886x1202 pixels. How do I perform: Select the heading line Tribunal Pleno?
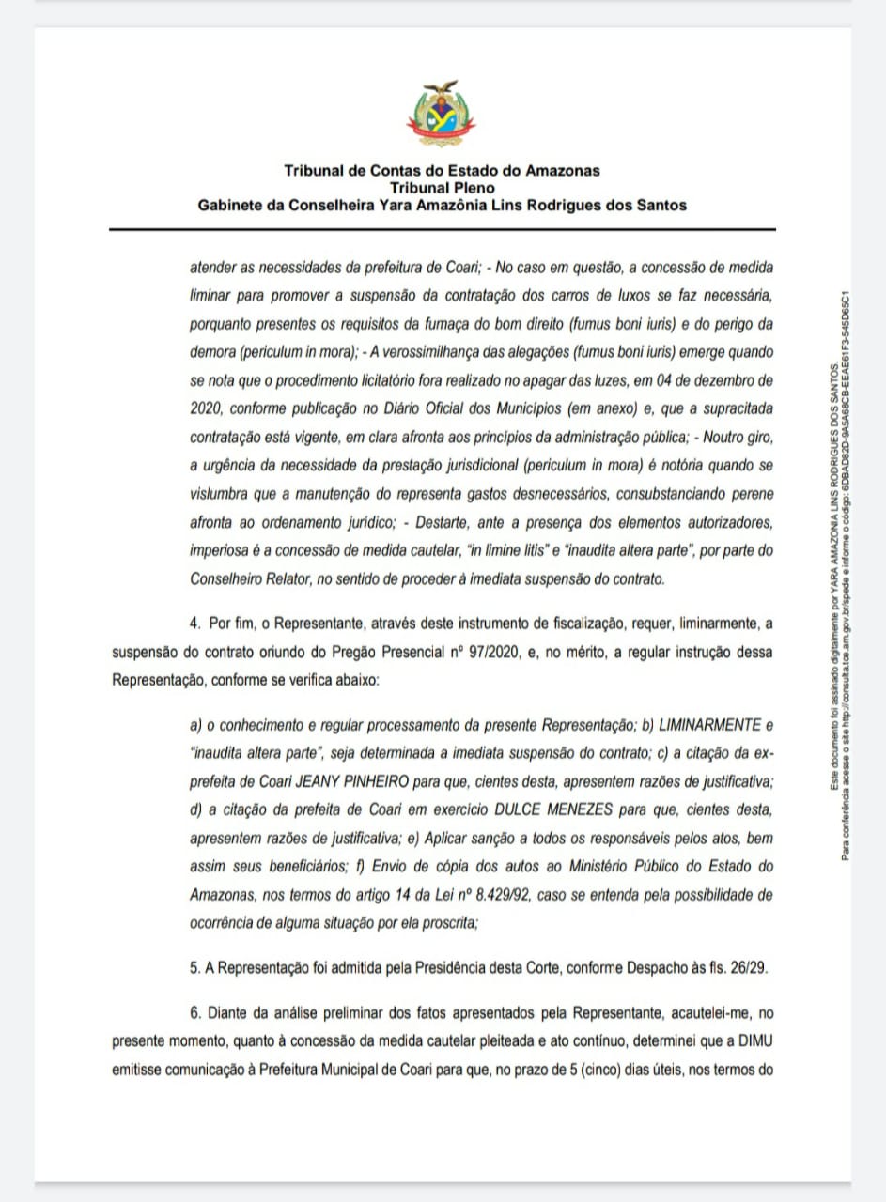click(x=442, y=188)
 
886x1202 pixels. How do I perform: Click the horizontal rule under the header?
click(x=442, y=229)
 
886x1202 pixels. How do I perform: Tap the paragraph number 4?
click(x=194, y=623)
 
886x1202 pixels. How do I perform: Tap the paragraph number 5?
click(x=194, y=965)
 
